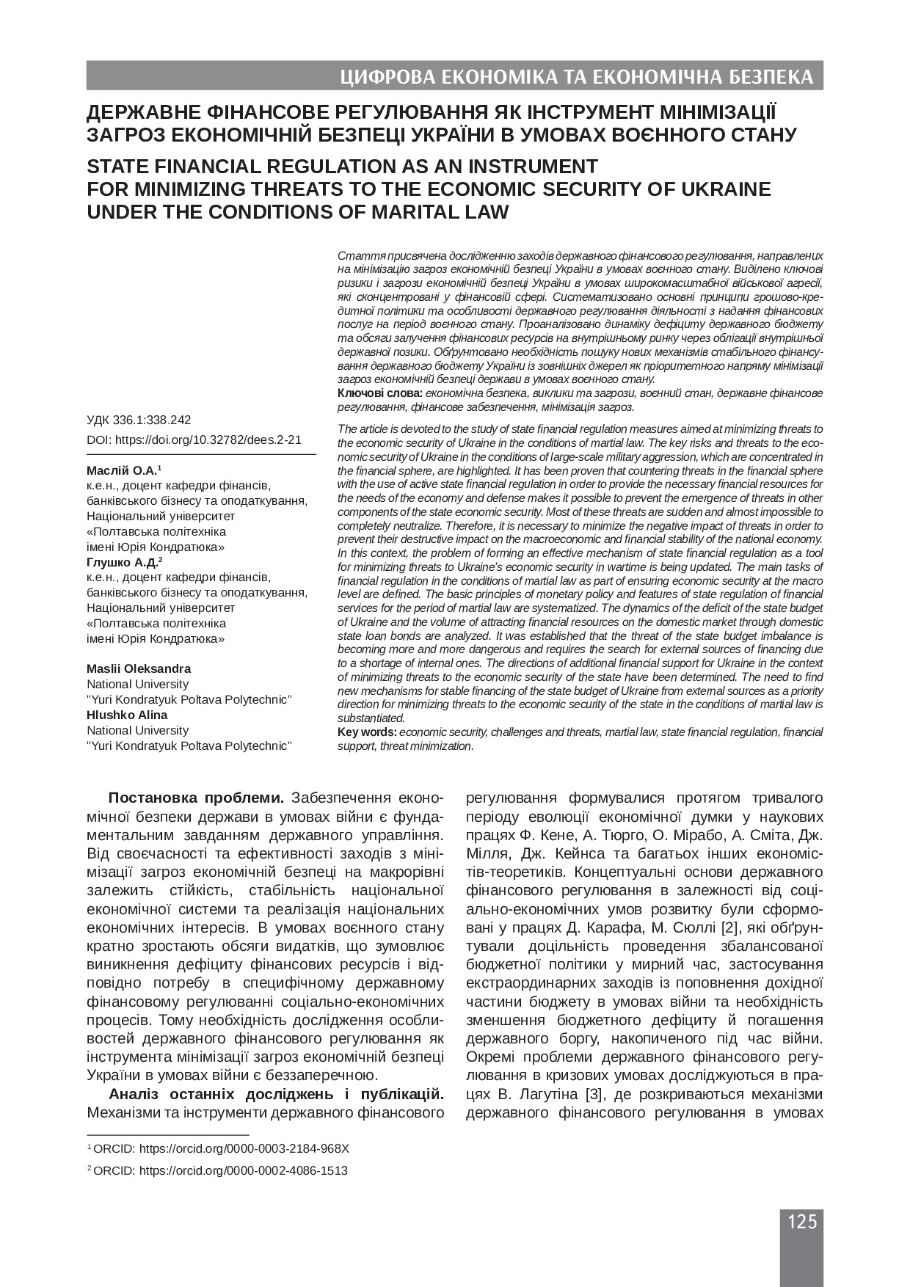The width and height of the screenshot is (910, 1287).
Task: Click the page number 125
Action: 801,1221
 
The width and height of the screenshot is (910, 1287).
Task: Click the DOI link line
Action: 194,440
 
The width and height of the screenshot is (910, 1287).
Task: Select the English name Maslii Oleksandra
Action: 139,668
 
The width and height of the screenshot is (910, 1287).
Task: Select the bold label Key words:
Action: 367,732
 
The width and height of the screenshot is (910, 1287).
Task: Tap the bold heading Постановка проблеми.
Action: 197,798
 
